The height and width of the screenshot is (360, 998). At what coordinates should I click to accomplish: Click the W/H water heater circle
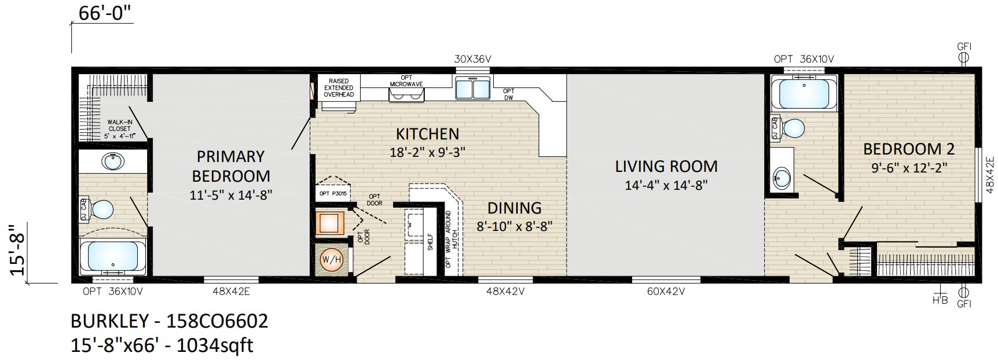pos(331,260)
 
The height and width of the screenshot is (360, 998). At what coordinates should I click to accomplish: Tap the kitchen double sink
pos(473,89)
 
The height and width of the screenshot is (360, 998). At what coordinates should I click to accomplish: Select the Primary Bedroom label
pos(231,166)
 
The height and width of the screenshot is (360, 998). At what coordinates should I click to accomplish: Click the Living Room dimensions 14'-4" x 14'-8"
pos(666,185)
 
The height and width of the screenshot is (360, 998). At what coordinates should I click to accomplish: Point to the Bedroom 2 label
pos(908,149)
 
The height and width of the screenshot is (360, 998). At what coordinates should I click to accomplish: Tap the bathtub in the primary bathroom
pos(112,256)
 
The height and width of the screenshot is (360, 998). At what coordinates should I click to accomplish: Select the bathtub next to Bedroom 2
pos(803,93)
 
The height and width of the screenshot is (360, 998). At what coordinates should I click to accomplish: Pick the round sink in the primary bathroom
pos(112,161)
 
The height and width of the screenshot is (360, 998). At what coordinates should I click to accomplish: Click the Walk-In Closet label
pos(119,129)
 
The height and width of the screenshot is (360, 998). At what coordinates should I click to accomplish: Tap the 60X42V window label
pos(666,292)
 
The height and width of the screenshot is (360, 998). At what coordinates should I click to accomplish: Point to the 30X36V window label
pos(472,59)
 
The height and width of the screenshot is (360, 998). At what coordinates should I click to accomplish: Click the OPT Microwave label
pos(406,81)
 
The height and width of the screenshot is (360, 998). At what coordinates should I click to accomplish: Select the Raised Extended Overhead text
pos(339,87)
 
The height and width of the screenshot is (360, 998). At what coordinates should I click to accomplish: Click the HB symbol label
pos(940,301)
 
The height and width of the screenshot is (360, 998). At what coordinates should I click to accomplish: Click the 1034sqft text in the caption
pos(215,346)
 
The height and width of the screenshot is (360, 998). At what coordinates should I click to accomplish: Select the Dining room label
pos(514,208)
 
